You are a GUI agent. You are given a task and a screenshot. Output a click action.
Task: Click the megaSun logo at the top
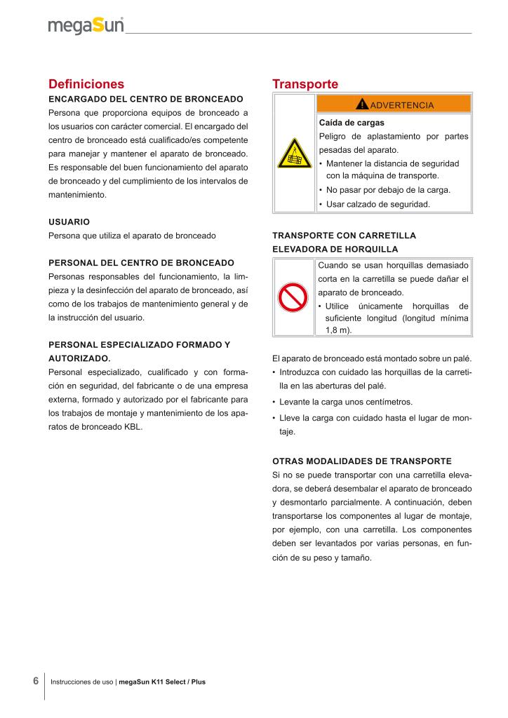86,26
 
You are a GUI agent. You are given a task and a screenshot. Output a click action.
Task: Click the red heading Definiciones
86,84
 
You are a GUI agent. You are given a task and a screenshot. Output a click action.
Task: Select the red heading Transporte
305,84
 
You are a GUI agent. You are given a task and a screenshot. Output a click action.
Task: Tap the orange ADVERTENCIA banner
394,104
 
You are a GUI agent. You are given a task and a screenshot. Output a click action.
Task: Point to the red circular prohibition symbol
293,297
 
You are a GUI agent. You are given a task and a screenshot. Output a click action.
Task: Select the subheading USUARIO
69,222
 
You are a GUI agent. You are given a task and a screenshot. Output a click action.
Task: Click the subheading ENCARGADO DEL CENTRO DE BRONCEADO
146,99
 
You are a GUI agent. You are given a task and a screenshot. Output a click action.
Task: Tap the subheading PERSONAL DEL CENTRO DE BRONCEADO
141,262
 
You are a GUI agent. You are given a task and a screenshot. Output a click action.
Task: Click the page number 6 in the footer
35,681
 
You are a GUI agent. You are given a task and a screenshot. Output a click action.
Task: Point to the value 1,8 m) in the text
339,330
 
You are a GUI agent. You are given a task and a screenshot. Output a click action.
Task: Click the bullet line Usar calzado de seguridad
378,205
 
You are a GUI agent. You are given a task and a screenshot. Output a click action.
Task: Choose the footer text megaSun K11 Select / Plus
162,682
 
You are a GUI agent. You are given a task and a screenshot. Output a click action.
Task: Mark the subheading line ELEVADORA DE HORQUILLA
335,249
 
